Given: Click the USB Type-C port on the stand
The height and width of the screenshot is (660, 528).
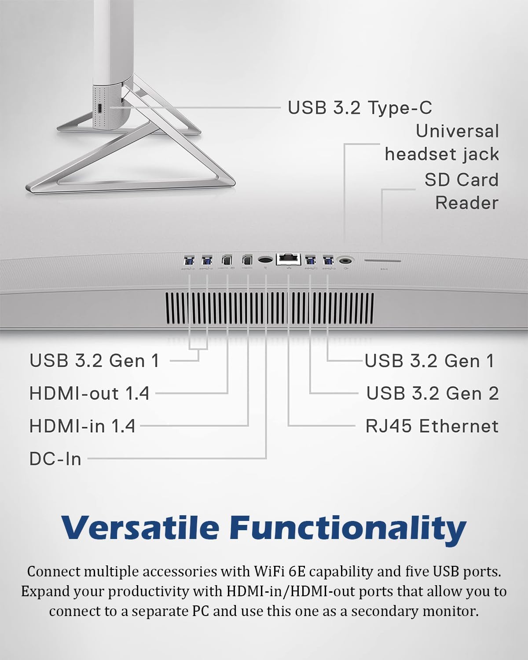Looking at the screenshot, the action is coord(100,108).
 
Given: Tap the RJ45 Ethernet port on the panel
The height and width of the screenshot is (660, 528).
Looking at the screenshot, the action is coord(288,260).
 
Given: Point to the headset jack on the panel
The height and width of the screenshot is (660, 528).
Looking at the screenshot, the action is coord(346,260).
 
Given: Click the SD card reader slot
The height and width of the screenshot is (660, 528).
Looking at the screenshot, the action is coord(382,260).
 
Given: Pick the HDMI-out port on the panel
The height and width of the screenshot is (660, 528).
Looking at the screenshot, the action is coord(227,260).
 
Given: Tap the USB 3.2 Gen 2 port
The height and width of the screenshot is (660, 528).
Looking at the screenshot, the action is coord(310,260).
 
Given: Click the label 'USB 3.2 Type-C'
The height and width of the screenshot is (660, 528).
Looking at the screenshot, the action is coord(359,108).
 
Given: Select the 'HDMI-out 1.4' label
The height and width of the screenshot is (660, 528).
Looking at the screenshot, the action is coord(89,393).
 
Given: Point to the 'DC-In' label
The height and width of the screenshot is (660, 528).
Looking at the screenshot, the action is coord(55,459).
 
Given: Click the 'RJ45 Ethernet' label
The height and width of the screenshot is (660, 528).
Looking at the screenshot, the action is coord(432,426).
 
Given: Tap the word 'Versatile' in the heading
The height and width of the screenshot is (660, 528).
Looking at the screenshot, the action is coord(140,528).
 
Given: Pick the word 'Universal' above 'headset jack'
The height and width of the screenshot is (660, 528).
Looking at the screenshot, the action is coord(457,131).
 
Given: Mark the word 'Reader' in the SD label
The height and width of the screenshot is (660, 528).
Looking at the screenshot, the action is coord(467,203).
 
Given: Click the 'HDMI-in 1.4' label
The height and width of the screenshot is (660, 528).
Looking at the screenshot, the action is coord(82,426).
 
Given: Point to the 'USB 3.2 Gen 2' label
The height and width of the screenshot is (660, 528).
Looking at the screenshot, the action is coord(433,393).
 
